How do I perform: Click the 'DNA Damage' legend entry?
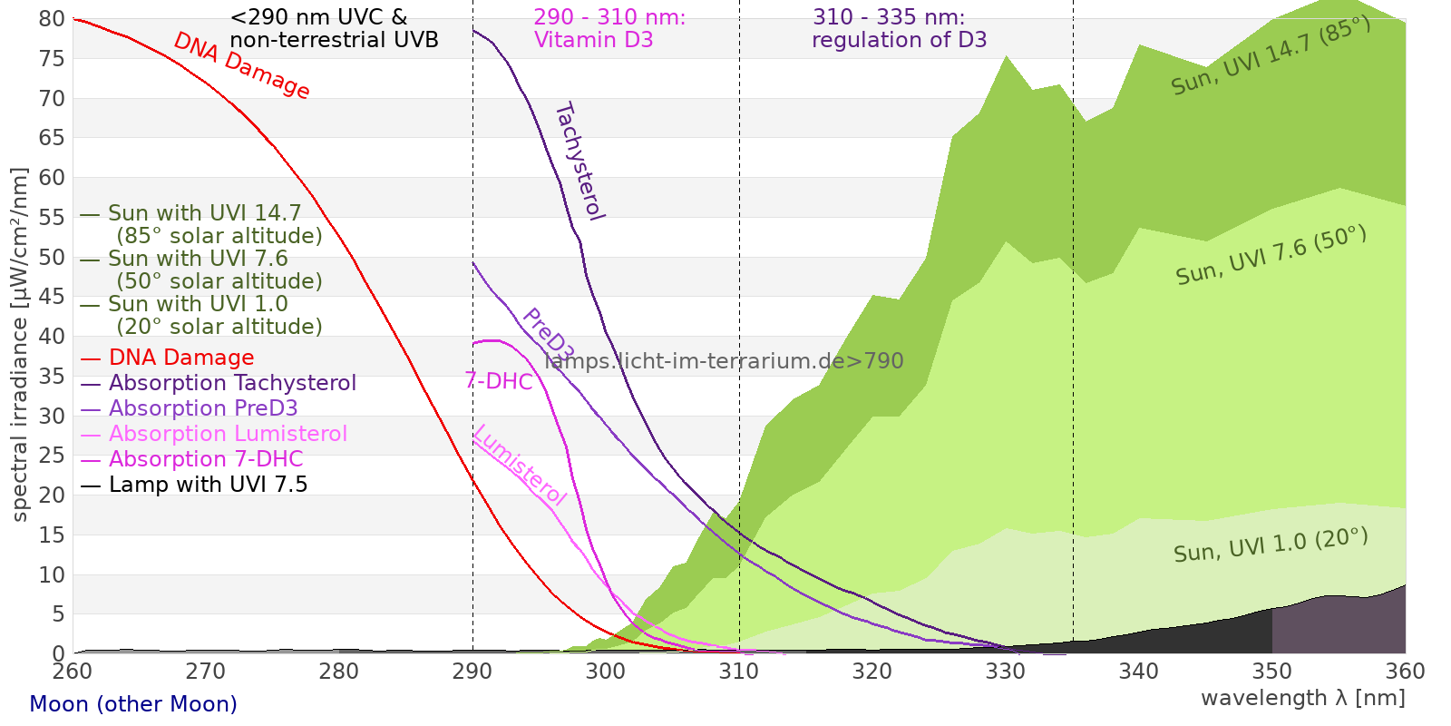coord(180,358)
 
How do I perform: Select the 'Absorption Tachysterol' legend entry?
coord(231,383)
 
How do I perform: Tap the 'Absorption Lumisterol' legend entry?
coord(228,434)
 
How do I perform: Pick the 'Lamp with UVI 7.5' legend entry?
coord(208,485)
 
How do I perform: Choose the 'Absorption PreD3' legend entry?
coord(203,408)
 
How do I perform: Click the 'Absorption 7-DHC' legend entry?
coord(206,459)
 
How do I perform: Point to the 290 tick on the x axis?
coord(472,672)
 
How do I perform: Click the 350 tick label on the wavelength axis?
coord(1272,672)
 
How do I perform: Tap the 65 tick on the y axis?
coord(53,138)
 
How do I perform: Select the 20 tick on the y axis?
coord(53,495)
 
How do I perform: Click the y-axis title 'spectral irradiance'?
coord(20,345)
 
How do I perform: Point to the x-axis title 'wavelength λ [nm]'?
coord(1302,698)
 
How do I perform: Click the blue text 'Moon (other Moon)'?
coord(133,704)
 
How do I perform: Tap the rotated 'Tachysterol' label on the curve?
coord(579,162)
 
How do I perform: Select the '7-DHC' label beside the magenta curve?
coord(499,381)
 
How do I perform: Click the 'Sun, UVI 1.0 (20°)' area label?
coord(1271,546)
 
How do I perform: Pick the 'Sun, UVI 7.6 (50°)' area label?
coord(1271,256)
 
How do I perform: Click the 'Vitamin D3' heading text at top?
coord(593,40)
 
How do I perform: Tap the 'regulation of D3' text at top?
coord(899,40)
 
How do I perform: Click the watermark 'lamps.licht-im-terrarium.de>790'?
coord(724,361)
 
